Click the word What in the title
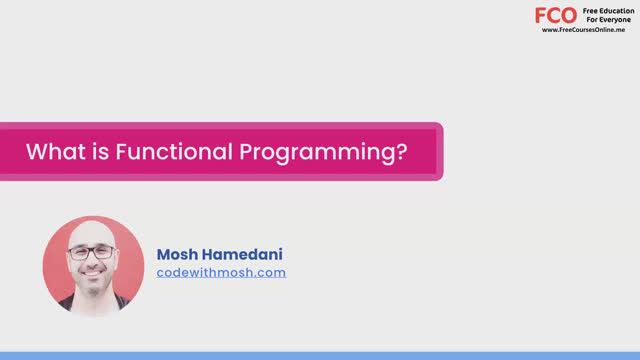click(50, 152)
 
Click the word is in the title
click(93, 152)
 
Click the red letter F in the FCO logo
click(541, 15)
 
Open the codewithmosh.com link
click(221, 272)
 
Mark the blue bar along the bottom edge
click(320, 355)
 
